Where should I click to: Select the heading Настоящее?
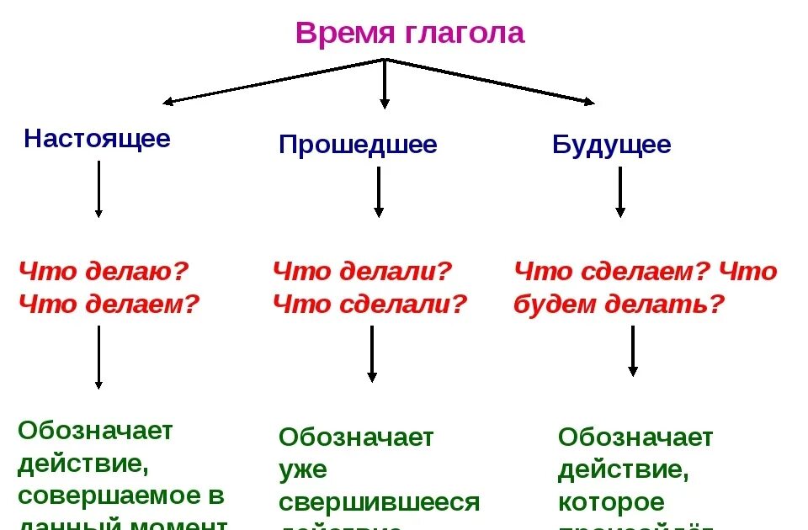pyautogui.click(x=97, y=139)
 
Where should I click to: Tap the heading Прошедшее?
pyautogui.click(x=358, y=146)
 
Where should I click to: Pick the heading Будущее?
pyautogui.click(x=612, y=145)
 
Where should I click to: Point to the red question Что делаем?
pyautogui.click(x=109, y=304)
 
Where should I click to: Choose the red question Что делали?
pyautogui.click(x=363, y=272)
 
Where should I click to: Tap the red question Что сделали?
pyautogui.click(x=369, y=304)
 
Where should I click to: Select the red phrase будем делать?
pyautogui.click(x=619, y=304)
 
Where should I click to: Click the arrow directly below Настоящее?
pyautogui.click(x=98, y=189)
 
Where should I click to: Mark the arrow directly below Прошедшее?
pyautogui.click(x=379, y=192)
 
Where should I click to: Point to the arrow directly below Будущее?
pyautogui.click(x=620, y=192)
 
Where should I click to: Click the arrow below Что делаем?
pyautogui.click(x=98, y=358)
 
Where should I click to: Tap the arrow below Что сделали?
pyautogui.click(x=371, y=354)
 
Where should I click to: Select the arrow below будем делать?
pyautogui.click(x=633, y=351)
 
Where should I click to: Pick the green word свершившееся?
pyautogui.click(x=379, y=503)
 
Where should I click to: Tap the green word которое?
pyautogui.click(x=611, y=503)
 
